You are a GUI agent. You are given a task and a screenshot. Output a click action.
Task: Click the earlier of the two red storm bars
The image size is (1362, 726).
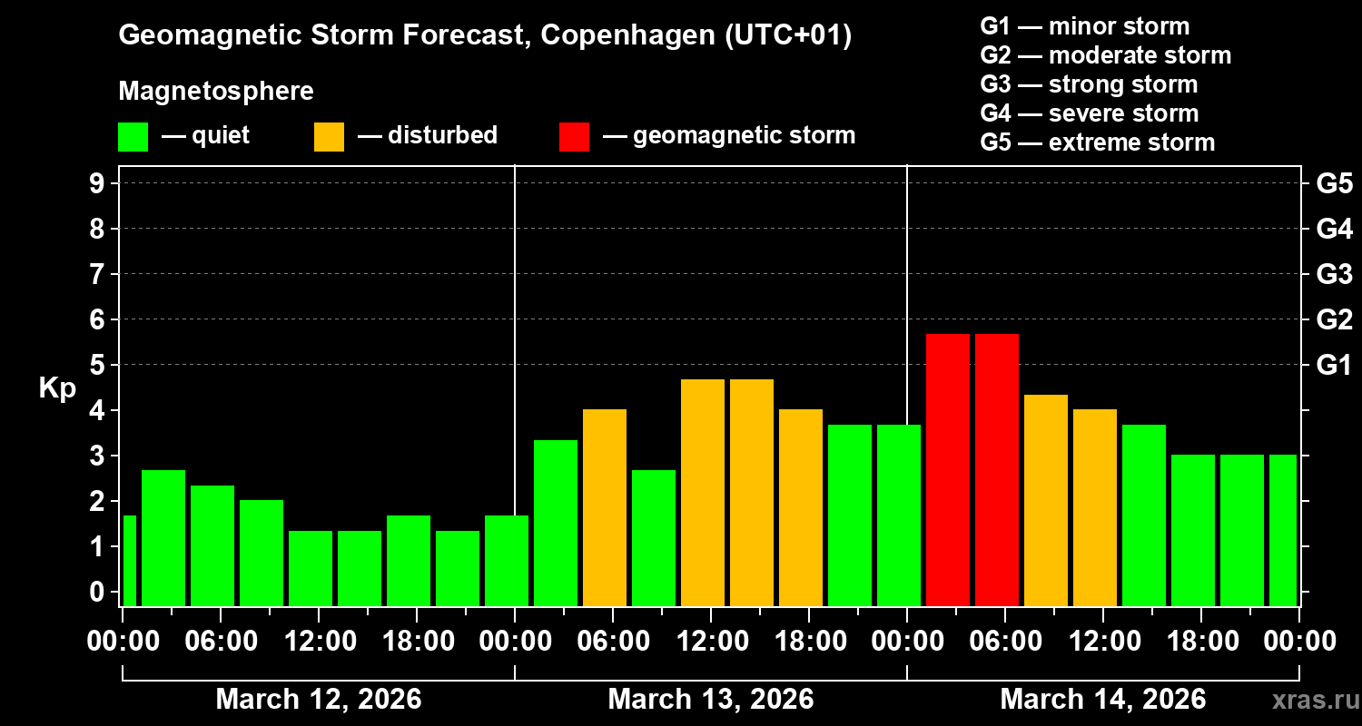tap(947, 469)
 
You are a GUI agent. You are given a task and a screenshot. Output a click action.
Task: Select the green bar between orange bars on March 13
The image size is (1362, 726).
tap(654, 537)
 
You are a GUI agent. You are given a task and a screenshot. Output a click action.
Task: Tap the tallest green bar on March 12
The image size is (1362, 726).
tap(163, 537)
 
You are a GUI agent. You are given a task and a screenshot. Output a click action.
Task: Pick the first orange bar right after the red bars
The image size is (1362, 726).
tap(1045, 500)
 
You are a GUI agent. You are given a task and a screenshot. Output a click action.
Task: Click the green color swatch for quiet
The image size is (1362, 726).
tap(133, 137)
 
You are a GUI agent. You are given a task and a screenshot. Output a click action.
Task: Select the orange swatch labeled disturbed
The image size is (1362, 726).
tap(329, 137)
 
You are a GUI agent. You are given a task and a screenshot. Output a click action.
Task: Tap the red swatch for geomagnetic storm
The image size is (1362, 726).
tap(574, 137)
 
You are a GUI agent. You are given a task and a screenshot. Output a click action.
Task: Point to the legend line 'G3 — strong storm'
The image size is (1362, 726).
tap(1089, 84)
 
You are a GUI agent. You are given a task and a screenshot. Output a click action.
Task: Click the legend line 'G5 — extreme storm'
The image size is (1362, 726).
tap(1097, 142)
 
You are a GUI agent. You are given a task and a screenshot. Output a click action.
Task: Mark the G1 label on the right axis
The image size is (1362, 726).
tap(1334, 366)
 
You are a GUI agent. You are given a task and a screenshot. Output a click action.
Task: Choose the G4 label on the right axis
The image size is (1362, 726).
tap(1334, 229)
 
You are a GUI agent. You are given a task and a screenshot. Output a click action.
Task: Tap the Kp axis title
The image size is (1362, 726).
tap(57, 388)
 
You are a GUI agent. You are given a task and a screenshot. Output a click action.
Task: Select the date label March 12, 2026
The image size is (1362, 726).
tap(318, 700)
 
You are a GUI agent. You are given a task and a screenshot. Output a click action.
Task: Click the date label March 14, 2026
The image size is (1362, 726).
tap(1102, 700)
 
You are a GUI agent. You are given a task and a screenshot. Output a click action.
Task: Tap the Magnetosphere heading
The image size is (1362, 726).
tap(216, 92)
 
